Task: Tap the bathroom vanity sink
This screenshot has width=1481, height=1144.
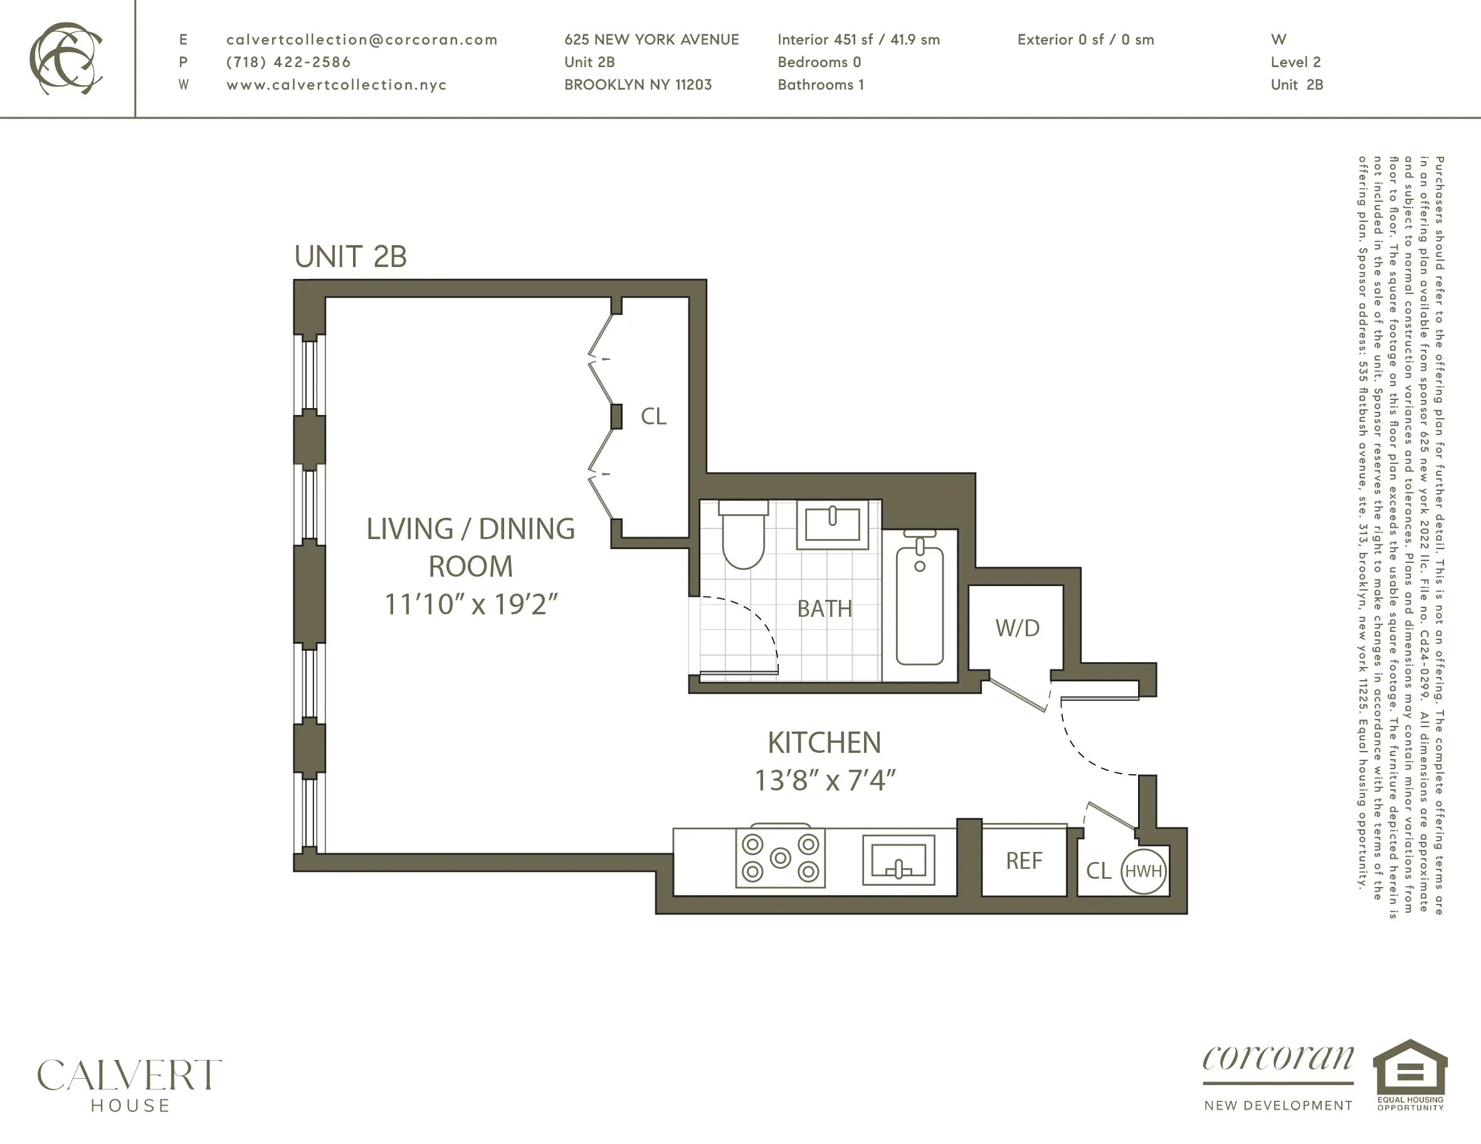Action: [832, 524]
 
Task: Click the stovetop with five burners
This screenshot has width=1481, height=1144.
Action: [781, 858]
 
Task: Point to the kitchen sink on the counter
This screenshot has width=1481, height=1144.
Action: [899, 860]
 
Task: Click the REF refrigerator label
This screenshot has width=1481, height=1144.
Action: [1023, 861]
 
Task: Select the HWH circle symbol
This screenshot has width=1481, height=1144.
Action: [1143, 871]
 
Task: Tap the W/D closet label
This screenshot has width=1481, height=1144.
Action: [1017, 628]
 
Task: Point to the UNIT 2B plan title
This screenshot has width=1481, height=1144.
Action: [350, 257]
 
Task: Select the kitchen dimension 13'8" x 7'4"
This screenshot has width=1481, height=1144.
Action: [825, 780]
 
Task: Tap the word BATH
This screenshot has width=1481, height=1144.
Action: [824, 609]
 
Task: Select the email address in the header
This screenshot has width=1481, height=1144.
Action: [361, 40]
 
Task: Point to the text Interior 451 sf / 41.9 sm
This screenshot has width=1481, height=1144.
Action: [858, 40]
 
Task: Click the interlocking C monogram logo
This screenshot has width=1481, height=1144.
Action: [66, 58]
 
